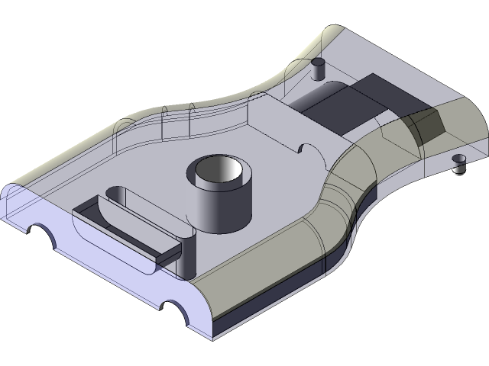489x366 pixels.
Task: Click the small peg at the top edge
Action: click(319, 69)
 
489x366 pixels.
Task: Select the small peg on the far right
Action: click(458, 165)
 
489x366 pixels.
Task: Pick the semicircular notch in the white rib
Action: click(306, 149)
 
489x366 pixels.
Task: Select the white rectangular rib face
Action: click(275, 122)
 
